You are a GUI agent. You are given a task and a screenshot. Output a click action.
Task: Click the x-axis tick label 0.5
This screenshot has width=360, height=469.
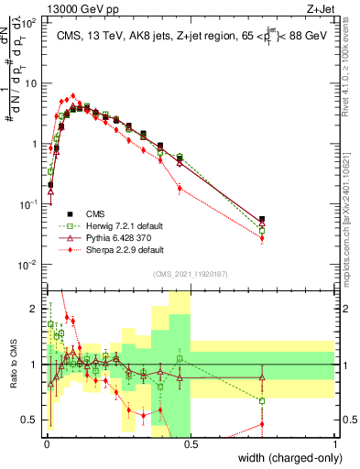[190, 443]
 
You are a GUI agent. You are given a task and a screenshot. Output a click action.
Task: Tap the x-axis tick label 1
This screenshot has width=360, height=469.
[335, 443]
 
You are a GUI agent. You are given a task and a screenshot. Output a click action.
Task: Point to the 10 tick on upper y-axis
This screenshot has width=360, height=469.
[31, 83]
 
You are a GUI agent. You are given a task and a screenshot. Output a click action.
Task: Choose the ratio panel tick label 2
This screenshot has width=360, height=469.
[36, 309]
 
